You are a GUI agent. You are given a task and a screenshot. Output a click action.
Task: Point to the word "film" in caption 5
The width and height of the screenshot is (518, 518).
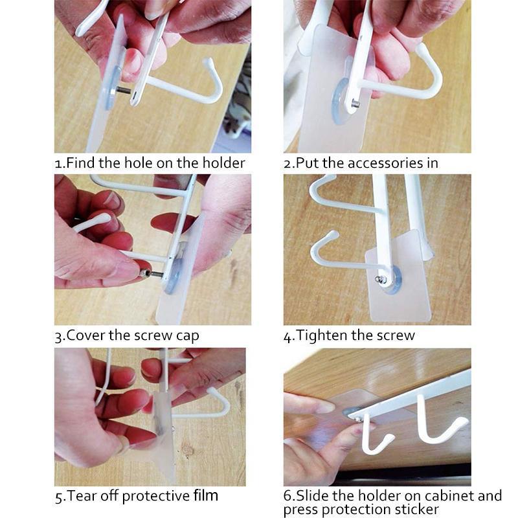pos(205,497)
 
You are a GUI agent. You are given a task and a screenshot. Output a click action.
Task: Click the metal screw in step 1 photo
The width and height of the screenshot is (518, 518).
pos(123,91)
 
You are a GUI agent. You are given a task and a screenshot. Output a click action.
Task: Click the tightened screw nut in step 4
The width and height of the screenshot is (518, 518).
pos(383,280)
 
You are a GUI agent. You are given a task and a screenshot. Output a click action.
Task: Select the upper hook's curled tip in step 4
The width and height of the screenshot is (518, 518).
pos(315,185)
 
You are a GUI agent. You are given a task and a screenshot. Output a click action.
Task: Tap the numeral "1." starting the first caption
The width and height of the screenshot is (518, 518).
pos(60,163)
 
